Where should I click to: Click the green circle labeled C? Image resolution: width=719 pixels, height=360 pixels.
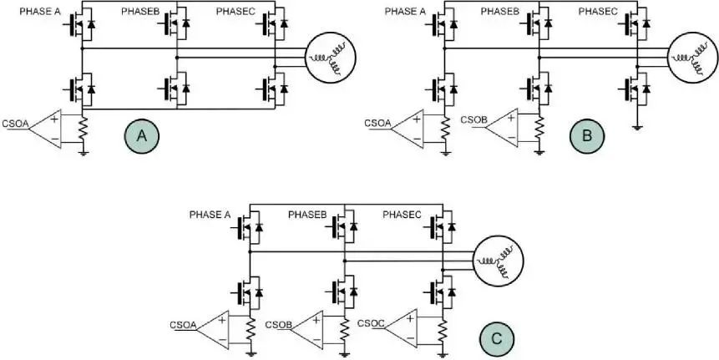pyautogui.click(x=495, y=338)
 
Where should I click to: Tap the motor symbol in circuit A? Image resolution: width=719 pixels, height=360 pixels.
pyautogui.click(x=328, y=58)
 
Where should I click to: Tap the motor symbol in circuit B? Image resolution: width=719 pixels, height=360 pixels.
pyautogui.click(x=691, y=57)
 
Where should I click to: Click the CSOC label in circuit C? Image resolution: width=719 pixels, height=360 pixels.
pyautogui.click(x=371, y=322)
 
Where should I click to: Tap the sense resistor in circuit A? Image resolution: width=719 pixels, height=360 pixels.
pyautogui.click(x=83, y=129)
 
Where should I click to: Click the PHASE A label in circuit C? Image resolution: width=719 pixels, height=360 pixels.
pyautogui.click(x=210, y=214)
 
